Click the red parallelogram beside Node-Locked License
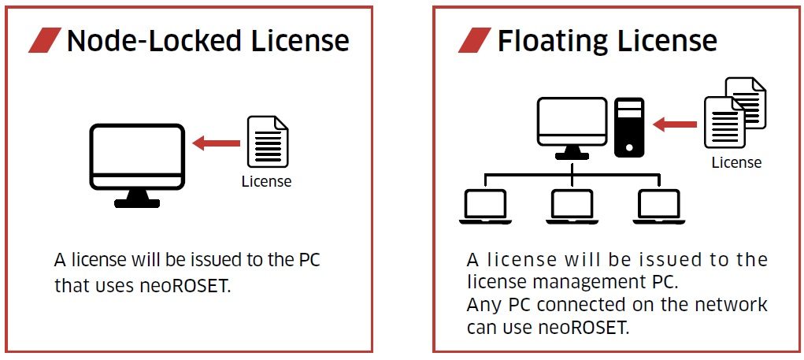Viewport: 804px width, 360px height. point(45,41)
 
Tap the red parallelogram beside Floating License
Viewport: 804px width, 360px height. point(474,41)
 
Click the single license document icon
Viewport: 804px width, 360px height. point(268,142)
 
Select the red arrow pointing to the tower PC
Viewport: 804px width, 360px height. point(676,124)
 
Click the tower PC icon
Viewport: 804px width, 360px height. point(629,126)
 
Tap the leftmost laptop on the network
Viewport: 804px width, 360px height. point(485,206)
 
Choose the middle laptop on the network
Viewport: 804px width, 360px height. point(572,206)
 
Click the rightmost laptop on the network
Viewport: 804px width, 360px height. point(660,206)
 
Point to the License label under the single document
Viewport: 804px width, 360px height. point(266,181)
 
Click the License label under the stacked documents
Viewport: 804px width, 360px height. point(736,163)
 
